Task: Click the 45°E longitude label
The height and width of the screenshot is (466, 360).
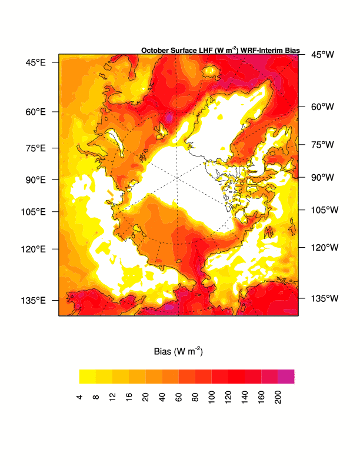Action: [35, 62]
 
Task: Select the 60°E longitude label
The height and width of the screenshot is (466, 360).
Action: [35, 112]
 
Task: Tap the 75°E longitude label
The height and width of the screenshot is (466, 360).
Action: [35, 148]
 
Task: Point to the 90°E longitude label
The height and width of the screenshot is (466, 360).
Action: [35, 179]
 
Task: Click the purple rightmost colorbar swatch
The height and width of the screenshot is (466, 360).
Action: [286, 377]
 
